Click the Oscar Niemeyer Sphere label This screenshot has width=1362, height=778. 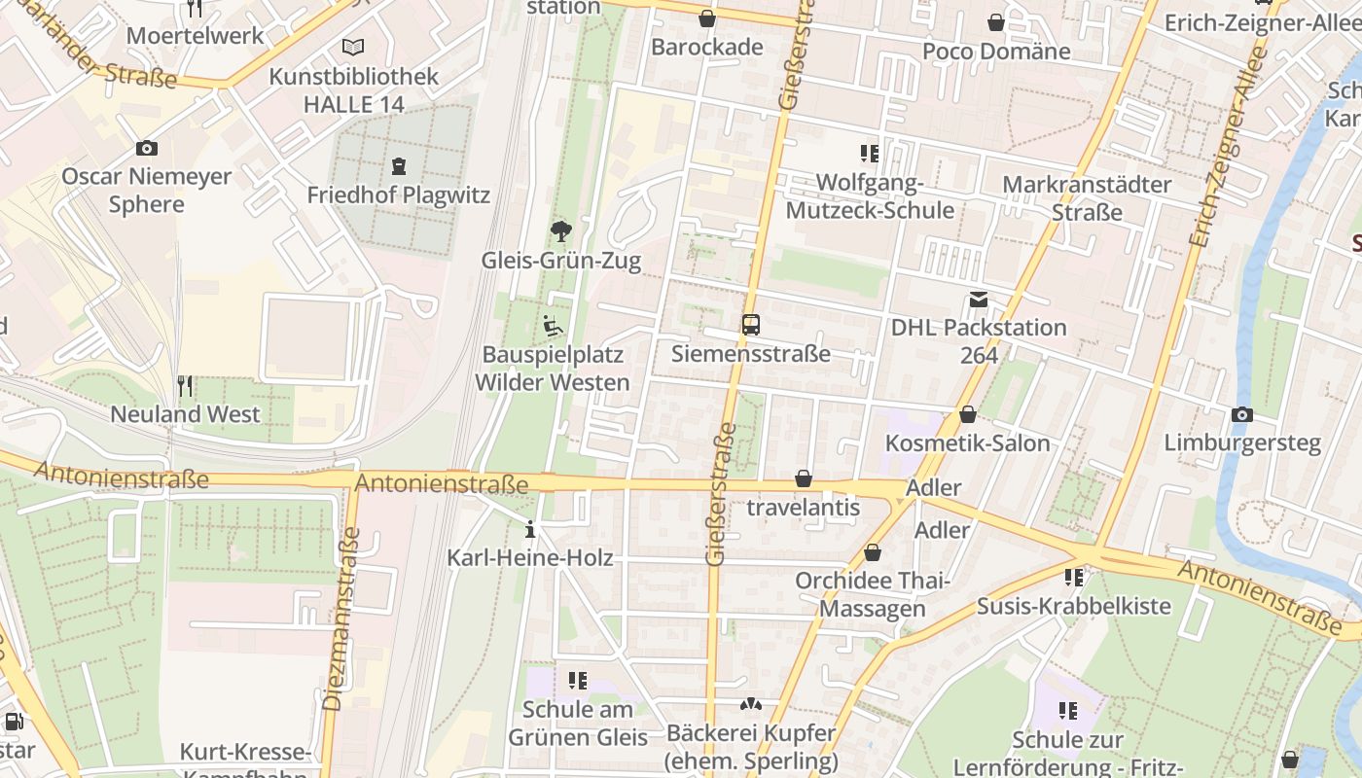tap(147, 191)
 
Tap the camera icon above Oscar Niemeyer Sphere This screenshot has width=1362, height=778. tap(147, 149)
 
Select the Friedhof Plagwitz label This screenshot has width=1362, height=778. tap(398, 194)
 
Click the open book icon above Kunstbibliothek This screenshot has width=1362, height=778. tap(353, 47)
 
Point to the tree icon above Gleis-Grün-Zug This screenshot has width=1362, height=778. tap(560, 231)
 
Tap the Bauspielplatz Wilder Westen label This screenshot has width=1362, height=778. tap(552, 369)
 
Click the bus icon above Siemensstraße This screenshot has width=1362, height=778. tap(751, 325)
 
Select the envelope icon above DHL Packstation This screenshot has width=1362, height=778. tap(978, 300)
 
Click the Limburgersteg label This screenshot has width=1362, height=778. tap(1242, 443)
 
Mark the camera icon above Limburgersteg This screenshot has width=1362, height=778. tap(1241, 415)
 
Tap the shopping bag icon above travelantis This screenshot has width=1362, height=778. tap(804, 478)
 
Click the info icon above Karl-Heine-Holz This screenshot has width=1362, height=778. tap(530, 530)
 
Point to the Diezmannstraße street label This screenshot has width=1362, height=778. tap(341, 619)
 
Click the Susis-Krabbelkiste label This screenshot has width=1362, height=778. tap(1073, 606)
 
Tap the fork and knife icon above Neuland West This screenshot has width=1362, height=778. tap(185, 386)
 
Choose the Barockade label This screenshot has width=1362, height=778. tap(707, 47)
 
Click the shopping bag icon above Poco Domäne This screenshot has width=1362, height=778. tap(996, 22)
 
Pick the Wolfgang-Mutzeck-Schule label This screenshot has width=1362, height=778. tap(870, 196)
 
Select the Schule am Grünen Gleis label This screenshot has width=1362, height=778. tap(578, 723)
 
